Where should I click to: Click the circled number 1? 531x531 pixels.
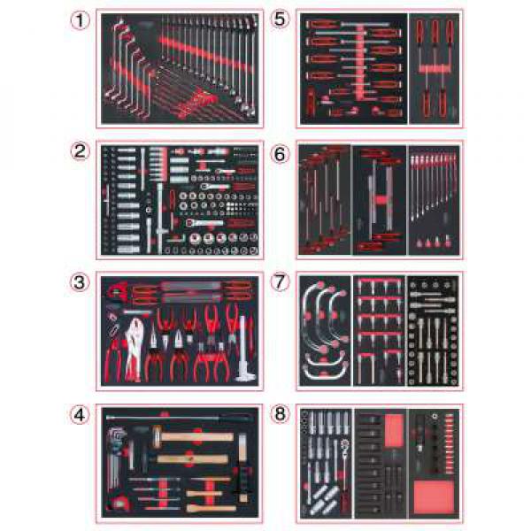pyautogui.click(x=80, y=20)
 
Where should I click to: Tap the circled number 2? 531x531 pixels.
pyautogui.click(x=80, y=151)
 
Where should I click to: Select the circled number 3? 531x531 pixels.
pyautogui.click(x=80, y=282)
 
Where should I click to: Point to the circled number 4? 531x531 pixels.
pyautogui.click(x=80, y=415)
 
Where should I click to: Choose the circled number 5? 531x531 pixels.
pyautogui.click(x=280, y=19)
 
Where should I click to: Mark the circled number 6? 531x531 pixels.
pyautogui.click(x=280, y=154)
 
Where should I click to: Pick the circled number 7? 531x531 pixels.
pyautogui.click(x=280, y=282)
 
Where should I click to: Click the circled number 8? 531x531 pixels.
pyautogui.click(x=280, y=413)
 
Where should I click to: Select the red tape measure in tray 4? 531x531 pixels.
pyautogui.click(x=117, y=504)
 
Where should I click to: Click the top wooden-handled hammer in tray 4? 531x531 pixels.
pyautogui.click(x=193, y=436)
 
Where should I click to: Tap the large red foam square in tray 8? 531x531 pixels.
pyautogui.click(x=434, y=497)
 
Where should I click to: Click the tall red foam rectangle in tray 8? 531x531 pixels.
pyautogui.click(x=395, y=430)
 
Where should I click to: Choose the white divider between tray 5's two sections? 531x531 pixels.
pyautogui.click(x=408, y=68)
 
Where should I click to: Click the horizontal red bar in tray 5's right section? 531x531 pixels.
pyautogui.click(x=434, y=69)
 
